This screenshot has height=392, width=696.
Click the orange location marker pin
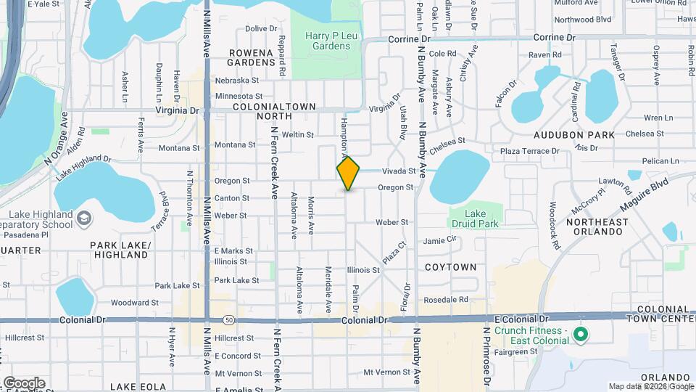point(348,173)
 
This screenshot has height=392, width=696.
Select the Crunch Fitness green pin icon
point(579,335)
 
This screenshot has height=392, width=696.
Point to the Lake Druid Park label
point(475,219)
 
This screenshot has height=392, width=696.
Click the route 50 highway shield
point(229,319)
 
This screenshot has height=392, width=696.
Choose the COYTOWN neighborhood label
point(451,267)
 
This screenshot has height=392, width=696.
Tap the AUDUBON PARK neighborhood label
point(574,135)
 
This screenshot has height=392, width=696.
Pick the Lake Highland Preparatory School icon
point(84,218)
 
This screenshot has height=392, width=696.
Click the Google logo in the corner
point(24,383)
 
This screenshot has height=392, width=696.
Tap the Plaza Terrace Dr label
point(530,151)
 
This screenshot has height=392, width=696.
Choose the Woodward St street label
point(135,303)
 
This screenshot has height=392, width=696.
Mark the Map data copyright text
point(650,386)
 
